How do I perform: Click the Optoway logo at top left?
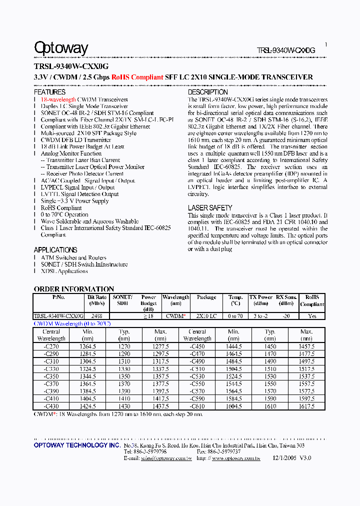point(60,48)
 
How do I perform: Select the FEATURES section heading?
point(49,92)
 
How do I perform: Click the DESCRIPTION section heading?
point(207,92)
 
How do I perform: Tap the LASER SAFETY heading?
point(210,207)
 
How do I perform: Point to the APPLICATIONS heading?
point(55,249)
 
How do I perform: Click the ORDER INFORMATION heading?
point(73,289)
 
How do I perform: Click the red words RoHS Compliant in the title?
point(137,77)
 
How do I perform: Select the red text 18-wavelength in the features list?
point(58,99)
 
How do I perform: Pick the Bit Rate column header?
point(97,300)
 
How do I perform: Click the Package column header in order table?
point(206,297)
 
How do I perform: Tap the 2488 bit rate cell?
point(97,316)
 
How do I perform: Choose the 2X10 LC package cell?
point(206,316)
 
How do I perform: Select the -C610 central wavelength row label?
point(197,406)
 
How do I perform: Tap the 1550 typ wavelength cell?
point(270,383)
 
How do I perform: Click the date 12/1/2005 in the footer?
point(285,457)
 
